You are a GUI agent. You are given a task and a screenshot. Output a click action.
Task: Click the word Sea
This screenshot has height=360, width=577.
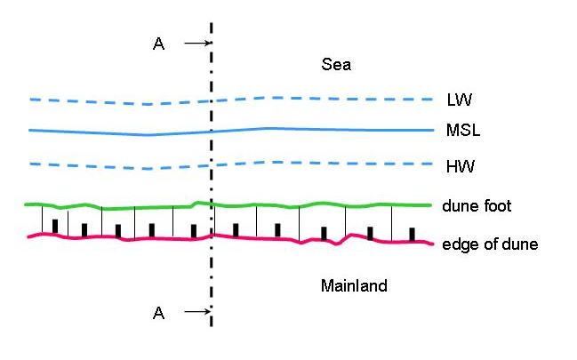click(x=337, y=65)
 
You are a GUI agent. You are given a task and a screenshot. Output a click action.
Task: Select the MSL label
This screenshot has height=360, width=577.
click(x=462, y=131)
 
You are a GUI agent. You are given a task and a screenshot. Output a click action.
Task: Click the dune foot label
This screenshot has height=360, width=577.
click(x=477, y=206)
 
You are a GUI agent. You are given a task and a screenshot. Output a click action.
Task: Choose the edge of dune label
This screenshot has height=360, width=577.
click(x=489, y=244)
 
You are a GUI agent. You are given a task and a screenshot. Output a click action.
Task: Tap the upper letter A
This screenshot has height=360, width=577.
click(x=158, y=44)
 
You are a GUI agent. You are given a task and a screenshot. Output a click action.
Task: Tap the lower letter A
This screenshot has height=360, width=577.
click(x=158, y=312)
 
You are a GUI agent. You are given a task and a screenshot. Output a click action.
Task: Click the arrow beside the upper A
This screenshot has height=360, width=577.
click(x=196, y=43)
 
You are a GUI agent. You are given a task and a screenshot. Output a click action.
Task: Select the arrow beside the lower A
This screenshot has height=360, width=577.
click(x=196, y=311)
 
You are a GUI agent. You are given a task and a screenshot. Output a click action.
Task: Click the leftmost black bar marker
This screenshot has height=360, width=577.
click(x=55, y=226)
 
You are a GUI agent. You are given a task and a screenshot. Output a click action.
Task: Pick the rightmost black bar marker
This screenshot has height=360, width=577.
click(x=412, y=234)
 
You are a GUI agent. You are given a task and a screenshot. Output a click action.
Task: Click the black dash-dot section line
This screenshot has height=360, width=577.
click(x=212, y=267)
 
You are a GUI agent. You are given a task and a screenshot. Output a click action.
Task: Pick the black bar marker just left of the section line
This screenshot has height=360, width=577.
click(x=193, y=230)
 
